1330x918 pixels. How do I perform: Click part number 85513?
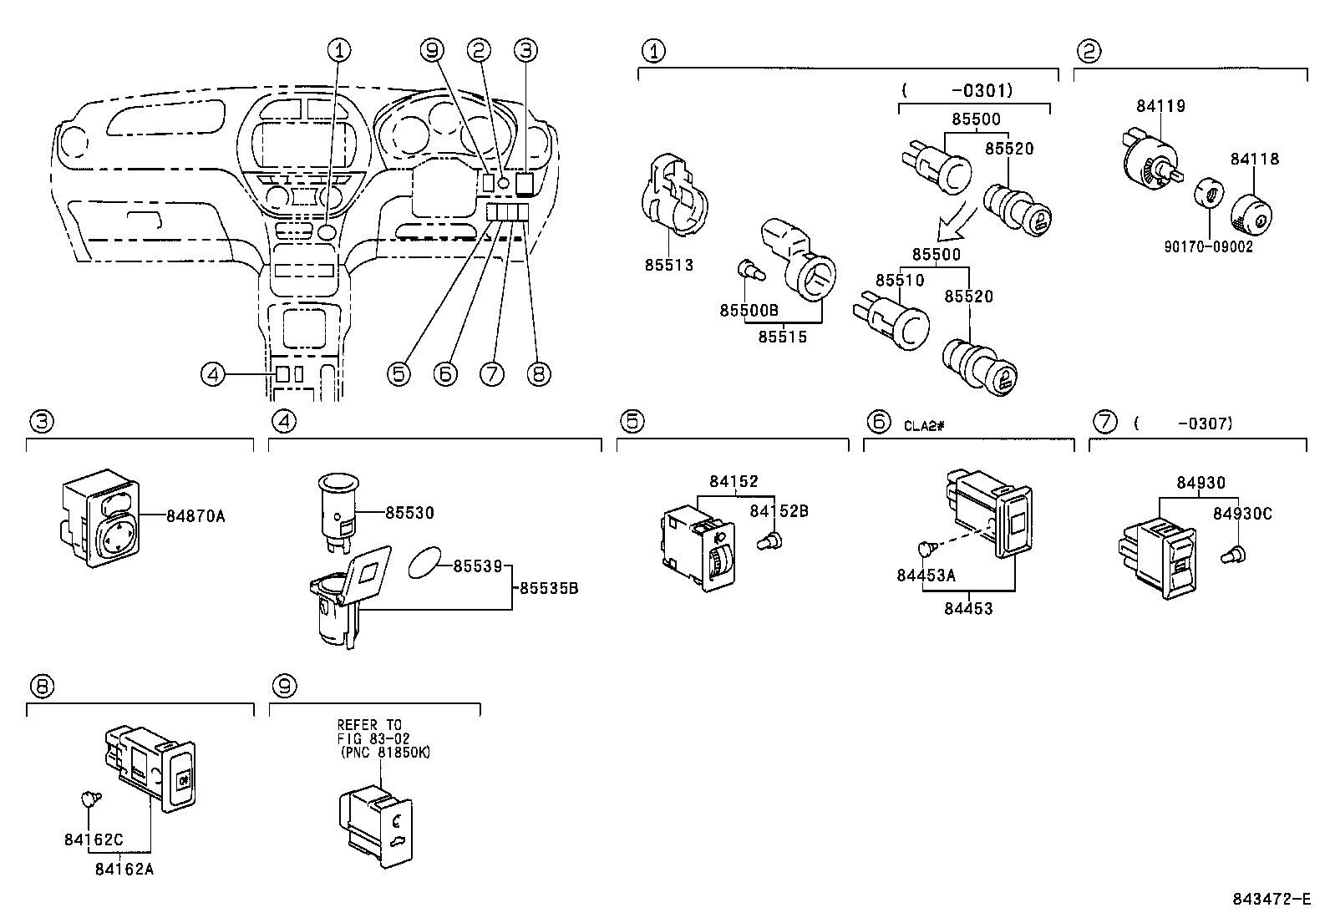click(x=668, y=265)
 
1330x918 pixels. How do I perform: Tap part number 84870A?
click(x=195, y=516)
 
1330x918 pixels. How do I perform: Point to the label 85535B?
click(x=549, y=588)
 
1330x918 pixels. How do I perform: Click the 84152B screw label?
click(x=779, y=511)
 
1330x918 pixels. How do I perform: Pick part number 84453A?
click(x=926, y=575)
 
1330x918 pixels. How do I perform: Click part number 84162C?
click(x=94, y=839)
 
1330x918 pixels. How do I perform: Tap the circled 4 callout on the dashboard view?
click(x=213, y=375)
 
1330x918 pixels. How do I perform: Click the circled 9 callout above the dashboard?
click(x=431, y=51)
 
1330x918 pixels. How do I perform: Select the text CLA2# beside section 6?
click(x=924, y=425)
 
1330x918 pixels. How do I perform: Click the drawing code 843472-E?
click(x=1272, y=899)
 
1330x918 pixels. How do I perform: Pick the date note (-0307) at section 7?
click(x=1185, y=423)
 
